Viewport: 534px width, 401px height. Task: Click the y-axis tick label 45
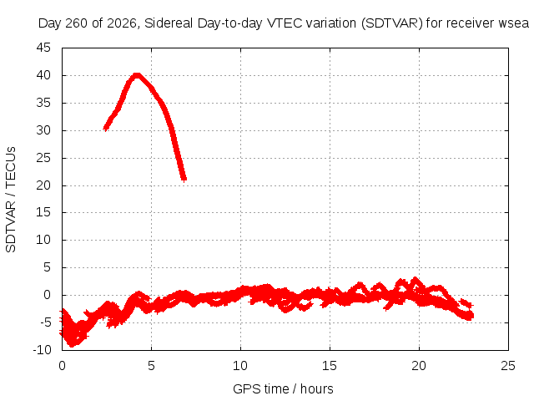[43, 48]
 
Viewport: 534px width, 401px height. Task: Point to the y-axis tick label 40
[43, 75]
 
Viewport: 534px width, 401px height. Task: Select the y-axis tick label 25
[43, 158]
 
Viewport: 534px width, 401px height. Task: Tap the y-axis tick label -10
[43, 350]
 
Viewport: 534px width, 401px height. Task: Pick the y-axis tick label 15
[43, 212]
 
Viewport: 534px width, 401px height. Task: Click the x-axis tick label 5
[151, 366]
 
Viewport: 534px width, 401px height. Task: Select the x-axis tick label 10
[240, 366]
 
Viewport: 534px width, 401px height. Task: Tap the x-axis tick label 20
[419, 366]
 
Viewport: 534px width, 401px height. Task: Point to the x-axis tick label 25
[508, 366]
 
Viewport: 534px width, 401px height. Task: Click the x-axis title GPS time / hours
[283, 389]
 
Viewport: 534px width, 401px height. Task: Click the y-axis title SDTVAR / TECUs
[11, 200]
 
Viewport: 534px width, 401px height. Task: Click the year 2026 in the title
[122, 23]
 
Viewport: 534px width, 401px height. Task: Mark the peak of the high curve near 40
[137, 75]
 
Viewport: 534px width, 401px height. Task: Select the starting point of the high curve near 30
[106, 128]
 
